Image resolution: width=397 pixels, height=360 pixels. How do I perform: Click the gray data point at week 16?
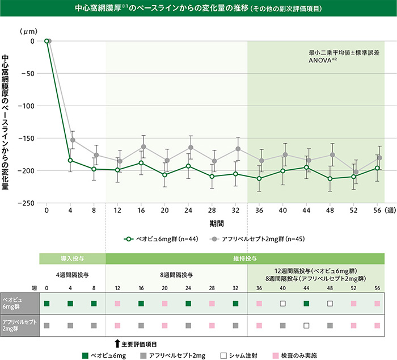(143, 146)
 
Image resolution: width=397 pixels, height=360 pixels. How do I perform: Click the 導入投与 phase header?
(72, 259)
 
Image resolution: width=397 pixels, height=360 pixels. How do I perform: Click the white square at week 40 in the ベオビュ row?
(282, 304)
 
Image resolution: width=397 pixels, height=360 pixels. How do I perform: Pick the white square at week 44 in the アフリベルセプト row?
(306, 326)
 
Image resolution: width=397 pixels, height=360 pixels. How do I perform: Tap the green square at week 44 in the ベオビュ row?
(306, 304)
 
